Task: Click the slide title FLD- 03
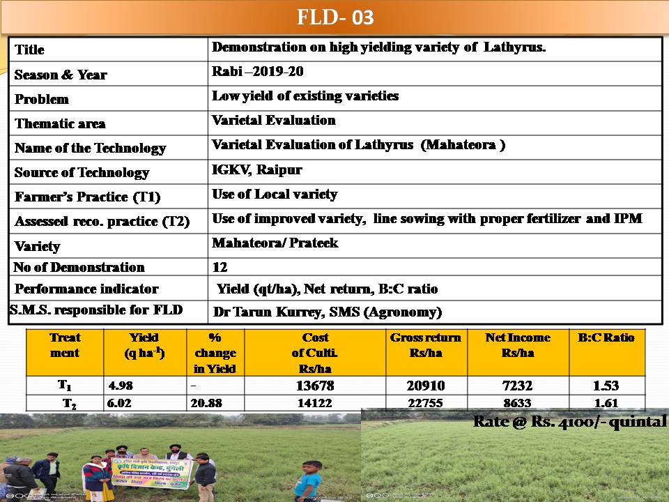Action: (x=335, y=17)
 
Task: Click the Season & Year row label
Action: (x=61, y=75)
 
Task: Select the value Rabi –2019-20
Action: (x=258, y=71)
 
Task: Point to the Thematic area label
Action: (x=60, y=123)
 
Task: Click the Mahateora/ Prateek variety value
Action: (x=275, y=243)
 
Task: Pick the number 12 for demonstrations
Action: (x=220, y=267)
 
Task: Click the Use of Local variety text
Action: (x=275, y=194)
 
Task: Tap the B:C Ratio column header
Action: (x=606, y=337)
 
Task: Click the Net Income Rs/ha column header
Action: (x=517, y=345)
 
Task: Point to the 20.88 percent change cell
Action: (x=202, y=403)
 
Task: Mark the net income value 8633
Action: (x=517, y=403)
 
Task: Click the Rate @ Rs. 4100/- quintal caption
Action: (x=569, y=422)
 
